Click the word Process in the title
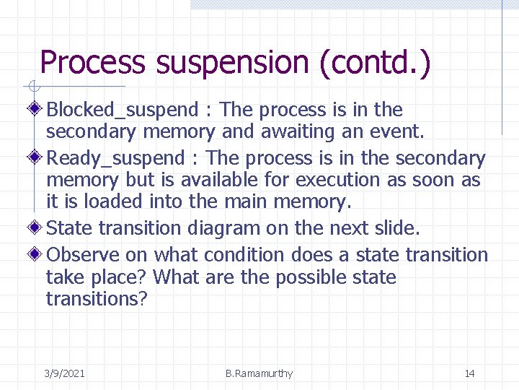coord(92,63)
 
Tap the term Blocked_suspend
coord(122,110)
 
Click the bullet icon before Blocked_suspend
coord(37,110)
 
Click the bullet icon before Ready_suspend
coord(37,158)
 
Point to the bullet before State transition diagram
coord(37,228)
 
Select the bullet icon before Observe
coord(37,255)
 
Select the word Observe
coord(83,255)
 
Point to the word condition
coord(245,255)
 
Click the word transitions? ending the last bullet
coord(97,299)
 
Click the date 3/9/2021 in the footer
coord(64,373)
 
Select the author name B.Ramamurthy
coord(259,373)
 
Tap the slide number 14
coord(469,373)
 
